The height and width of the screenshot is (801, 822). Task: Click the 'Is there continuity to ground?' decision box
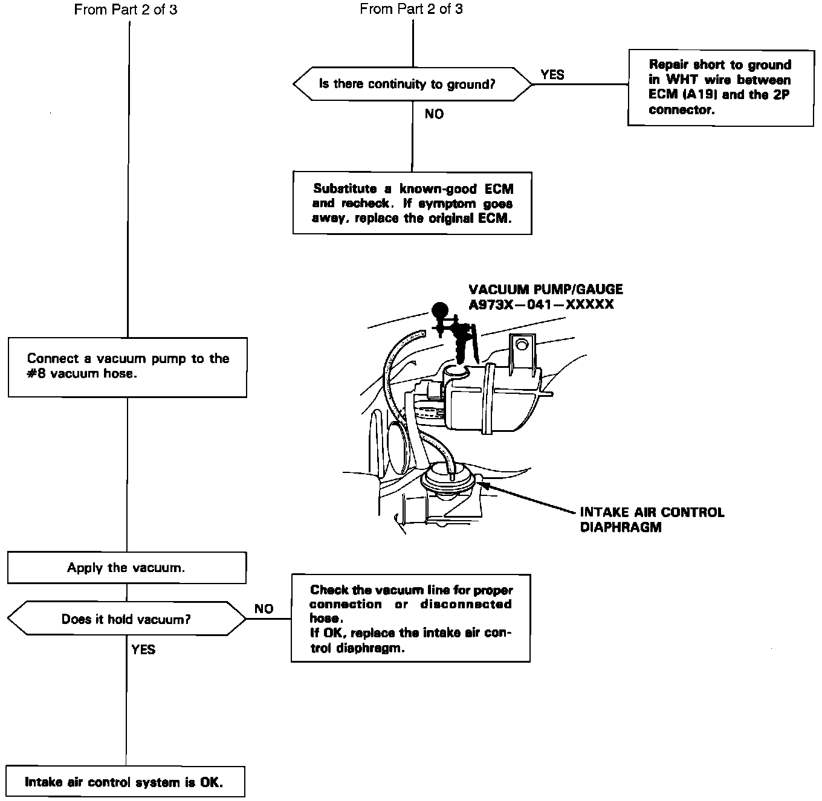pyautogui.click(x=412, y=84)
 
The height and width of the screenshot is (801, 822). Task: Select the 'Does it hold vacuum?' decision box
pyautogui.click(x=126, y=619)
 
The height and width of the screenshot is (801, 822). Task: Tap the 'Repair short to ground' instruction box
pyautogui.click(x=720, y=87)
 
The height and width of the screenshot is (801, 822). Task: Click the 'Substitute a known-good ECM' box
pyautogui.click(x=412, y=203)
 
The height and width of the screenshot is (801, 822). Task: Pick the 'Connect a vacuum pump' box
pyautogui.click(x=128, y=367)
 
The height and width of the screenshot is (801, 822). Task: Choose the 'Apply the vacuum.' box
pyautogui.click(x=126, y=568)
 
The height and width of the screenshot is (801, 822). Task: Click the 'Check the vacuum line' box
pyautogui.click(x=410, y=618)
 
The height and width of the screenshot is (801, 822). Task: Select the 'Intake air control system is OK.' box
pyautogui.click(x=125, y=782)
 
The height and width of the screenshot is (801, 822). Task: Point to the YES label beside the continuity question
pyautogui.click(x=552, y=75)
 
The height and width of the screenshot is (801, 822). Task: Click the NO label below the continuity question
pyautogui.click(x=434, y=114)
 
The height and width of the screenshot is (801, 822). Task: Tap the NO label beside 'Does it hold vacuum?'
pyautogui.click(x=264, y=609)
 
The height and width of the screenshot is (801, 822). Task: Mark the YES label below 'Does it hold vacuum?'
pyautogui.click(x=143, y=649)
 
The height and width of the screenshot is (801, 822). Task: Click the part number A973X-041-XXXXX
pyautogui.click(x=541, y=304)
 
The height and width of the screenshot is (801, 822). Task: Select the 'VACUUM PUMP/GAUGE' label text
pyautogui.click(x=546, y=289)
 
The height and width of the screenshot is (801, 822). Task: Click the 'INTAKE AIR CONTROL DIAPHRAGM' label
pyautogui.click(x=652, y=520)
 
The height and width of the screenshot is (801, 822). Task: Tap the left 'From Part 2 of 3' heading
pyautogui.click(x=126, y=10)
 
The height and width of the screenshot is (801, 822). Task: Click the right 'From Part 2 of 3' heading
pyautogui.click(x=411, y=9)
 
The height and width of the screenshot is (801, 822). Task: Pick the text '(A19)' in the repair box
pyautogui.click(x=701, y=95)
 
